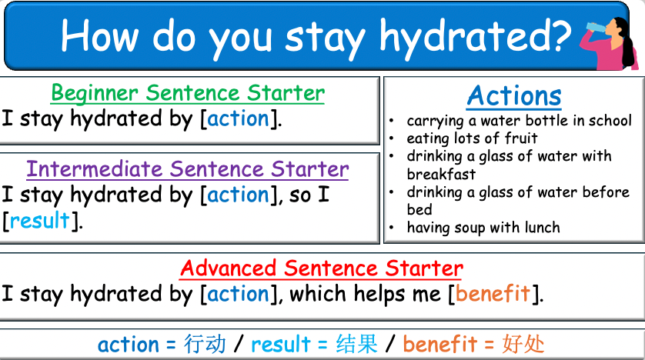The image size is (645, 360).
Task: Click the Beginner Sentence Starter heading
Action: click(x=187, y=94)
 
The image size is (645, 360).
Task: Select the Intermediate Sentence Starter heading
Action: click(x=187, y=168)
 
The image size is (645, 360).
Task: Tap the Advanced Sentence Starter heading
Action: click(x=321, y=268)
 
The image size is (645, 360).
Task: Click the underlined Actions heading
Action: click(x=514, y=96)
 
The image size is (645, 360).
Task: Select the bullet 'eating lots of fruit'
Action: click(x=472, y=138)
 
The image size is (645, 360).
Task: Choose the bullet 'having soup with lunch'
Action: click(x=483, y=227)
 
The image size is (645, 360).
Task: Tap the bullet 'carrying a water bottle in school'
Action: click(x=519, y=121)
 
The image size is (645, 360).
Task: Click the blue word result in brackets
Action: click(x=40, y=222)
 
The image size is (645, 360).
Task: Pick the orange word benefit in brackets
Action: click(x=493, y=293)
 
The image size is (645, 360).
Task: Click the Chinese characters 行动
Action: click(x=205, y=344)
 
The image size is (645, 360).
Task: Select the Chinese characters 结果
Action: click(x=356, y=344)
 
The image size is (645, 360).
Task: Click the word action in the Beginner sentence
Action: click(x=238, y=119)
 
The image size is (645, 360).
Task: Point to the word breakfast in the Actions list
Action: click(x=441, y=174)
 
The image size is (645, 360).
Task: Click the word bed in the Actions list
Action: click(x=419, y=209)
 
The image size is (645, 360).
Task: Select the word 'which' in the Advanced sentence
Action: click(x=319, y=293)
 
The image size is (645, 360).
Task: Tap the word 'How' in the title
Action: click(x=99, y=35)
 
